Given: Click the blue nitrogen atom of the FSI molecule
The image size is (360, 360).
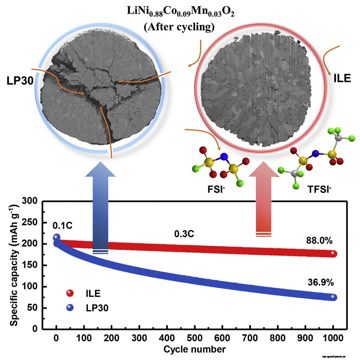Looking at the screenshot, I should coord(224,157).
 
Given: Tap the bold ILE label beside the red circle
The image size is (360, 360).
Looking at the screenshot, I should coord(342,78).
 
